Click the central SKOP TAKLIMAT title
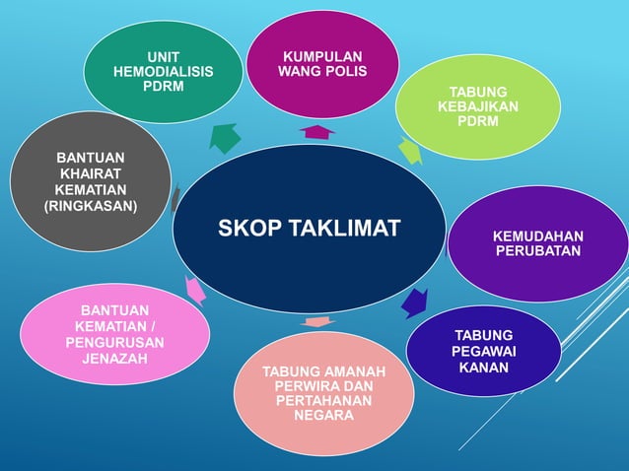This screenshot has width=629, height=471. (x=309, y=230)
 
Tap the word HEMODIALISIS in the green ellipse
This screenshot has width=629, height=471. (x=163, y=72)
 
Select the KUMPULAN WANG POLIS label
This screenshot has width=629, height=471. (x=322, y=64)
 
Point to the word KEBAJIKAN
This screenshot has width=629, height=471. (x=478, y=106)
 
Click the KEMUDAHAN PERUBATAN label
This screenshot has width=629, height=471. (x=537, y=243)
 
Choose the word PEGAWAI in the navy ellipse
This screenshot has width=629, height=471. (x=483, y=352)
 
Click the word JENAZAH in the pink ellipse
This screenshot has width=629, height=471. (x=114, y=359)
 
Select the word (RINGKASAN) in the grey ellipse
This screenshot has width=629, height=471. (x=91, y=206)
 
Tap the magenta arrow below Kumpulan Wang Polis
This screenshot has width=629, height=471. (x=317, y=131)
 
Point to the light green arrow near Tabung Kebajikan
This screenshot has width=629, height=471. (x=410, y=152)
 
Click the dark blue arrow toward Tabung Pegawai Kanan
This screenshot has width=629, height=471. (x=415, y=301)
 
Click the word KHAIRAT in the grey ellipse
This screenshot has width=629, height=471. (x=91, y=173)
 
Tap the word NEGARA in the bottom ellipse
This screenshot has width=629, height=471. (x=322, y=416)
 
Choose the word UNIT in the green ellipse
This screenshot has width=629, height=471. (x=163, y=56)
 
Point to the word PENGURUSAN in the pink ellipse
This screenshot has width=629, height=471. (x=114, y=342)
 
